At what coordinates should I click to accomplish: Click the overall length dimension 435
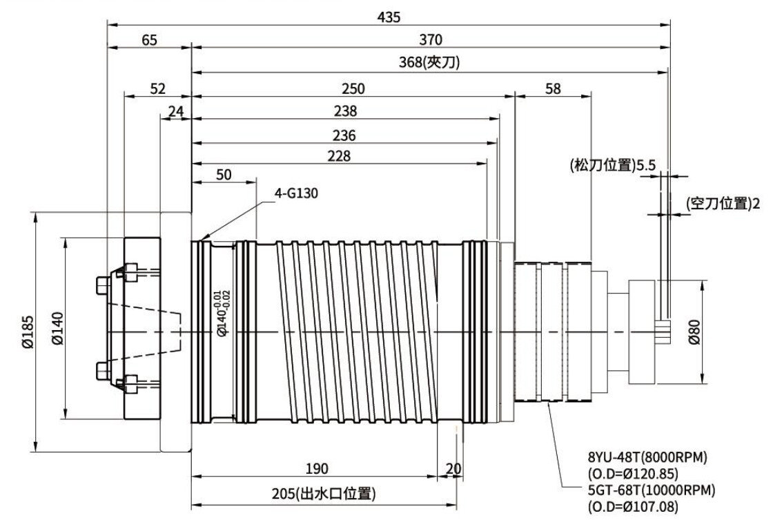tap(389, 17)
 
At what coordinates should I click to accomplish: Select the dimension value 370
tap(430, 39)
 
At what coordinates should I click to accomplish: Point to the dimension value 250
tap(353, 88)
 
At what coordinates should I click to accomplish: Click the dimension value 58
tap(552, 88)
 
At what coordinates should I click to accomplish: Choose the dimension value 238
tap(344, 111)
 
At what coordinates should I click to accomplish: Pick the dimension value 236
tap(344, 135)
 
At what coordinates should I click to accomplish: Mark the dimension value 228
tap(339, 157)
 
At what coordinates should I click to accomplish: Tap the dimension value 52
tap(157, 88)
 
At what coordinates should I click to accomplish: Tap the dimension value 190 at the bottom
tap(316, 469)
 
